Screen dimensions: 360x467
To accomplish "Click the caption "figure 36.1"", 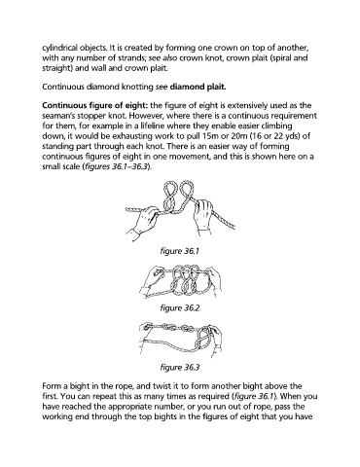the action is click(x=179, y=251).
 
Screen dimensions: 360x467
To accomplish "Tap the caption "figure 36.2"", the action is click(x=180, y=308).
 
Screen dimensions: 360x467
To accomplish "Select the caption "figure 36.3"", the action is click(x=180, y=368).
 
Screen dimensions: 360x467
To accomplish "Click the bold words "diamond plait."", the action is click(x=198, y=87).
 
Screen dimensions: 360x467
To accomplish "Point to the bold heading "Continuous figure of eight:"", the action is click(x=95, y=106).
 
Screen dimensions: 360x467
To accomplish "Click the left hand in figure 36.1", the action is click(x=142, y=221).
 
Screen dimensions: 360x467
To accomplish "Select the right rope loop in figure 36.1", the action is click(x=185, y=192).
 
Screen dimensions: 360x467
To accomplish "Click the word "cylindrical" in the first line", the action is click(x=60, y=48).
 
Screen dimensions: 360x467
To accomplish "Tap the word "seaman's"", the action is click(x=57, y=116).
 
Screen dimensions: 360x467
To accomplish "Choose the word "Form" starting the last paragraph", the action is click(x=51, y=386).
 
